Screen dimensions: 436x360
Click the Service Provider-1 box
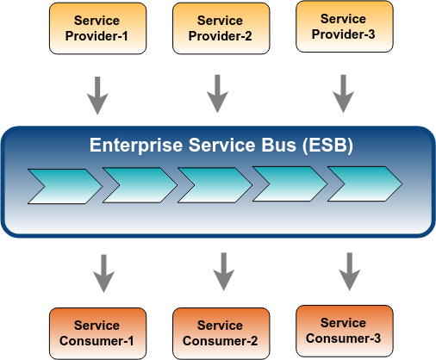(97, 28)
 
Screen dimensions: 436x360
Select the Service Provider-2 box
(221, 28)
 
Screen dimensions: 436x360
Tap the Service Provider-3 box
(345, 27)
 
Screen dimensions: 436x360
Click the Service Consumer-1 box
(97, 333)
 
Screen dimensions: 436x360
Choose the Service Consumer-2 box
(221, 333)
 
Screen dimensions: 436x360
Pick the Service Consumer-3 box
(345, 331)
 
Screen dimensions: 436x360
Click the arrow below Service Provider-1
(97, 96)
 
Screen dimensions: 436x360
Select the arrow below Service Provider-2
(217, 94)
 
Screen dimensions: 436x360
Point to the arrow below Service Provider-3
(343, 94)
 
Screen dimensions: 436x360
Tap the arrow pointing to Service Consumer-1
(104, 273)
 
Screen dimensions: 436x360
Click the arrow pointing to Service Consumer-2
(224, 271)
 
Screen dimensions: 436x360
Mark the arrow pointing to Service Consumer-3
(350, 271)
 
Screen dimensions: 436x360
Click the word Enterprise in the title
(136, 146)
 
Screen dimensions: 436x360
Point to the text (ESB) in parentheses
(327, 146)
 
